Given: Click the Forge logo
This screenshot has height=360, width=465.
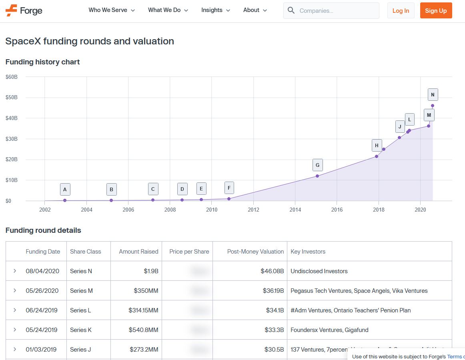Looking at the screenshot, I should point(24,10).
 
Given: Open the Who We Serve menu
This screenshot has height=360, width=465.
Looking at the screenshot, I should point(112,10).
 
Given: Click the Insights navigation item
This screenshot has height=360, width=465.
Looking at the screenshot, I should point(216,10).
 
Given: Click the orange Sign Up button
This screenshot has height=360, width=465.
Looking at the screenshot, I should point(436,11).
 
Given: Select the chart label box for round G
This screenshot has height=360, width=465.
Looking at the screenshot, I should point(317,165).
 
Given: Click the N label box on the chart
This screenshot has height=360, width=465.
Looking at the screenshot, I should point(433,95).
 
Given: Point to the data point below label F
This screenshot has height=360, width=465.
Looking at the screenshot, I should point(229,199).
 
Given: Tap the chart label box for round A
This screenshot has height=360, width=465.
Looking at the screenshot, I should point(65,189).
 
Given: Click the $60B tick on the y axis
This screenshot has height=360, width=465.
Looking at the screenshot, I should point(11,77).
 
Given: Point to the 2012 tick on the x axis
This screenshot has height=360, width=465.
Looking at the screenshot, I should point(253,210).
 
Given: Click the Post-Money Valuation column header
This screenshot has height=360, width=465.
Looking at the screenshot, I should point(255,252).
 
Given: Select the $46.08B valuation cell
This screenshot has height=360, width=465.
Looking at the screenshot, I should point(272,271).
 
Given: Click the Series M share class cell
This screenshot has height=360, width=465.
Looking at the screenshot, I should point(81,291).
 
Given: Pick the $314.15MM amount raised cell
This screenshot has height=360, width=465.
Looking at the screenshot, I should point(143,310).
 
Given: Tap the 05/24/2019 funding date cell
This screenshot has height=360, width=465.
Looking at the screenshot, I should point(42,330).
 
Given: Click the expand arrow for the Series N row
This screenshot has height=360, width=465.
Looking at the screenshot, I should point(15,271).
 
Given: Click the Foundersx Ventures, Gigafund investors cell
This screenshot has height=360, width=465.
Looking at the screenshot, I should point(329,330).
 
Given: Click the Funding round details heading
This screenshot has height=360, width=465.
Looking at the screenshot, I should point(43,230).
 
